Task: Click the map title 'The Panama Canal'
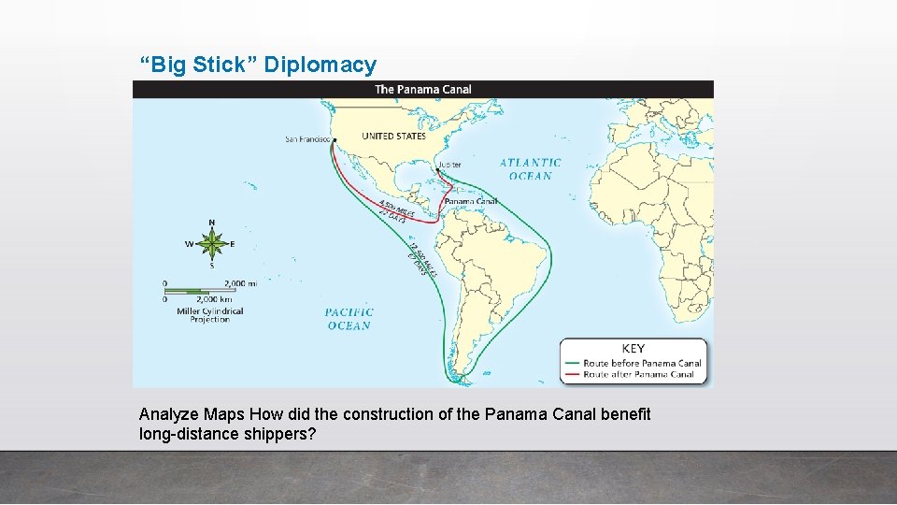422,90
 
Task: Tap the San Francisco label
307,140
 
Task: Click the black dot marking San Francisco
334,141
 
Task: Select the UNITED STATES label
393,137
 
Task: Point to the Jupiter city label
449,165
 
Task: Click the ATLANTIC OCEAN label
530,169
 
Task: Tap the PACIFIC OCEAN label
349,319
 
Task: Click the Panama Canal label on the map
471,201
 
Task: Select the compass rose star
212,244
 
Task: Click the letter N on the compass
212,224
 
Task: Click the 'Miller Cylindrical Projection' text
210,315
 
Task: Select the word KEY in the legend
633,349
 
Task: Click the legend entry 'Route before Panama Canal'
642,363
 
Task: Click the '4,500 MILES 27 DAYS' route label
395,210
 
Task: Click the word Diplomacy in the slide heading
320,65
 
